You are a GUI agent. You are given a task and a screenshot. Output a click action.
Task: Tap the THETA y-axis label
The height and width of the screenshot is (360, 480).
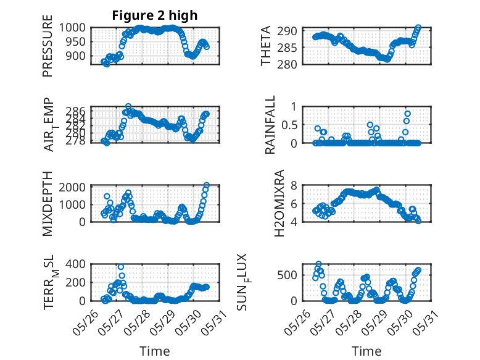(267, 46)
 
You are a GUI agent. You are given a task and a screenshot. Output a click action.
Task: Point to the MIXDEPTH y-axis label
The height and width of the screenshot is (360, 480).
(48, 203)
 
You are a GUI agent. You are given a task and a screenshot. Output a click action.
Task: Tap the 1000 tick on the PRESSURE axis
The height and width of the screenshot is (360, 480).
(76, 27)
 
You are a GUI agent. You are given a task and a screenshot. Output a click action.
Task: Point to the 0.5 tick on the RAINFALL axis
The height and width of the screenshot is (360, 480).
(291, 125)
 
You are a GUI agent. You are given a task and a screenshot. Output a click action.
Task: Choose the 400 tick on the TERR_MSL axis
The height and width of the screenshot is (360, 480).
(78, 264)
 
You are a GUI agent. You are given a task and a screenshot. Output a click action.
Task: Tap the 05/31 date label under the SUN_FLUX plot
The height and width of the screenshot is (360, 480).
(431, 320)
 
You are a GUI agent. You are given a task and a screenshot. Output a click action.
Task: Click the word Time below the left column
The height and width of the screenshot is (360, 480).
(154, 351)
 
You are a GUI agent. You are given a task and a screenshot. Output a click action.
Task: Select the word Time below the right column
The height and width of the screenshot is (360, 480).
(366, 351)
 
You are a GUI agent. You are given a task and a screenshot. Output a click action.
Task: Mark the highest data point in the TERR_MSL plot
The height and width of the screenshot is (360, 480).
(121, 267)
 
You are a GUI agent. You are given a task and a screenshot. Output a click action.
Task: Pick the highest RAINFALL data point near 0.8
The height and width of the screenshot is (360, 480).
(407, 114)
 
